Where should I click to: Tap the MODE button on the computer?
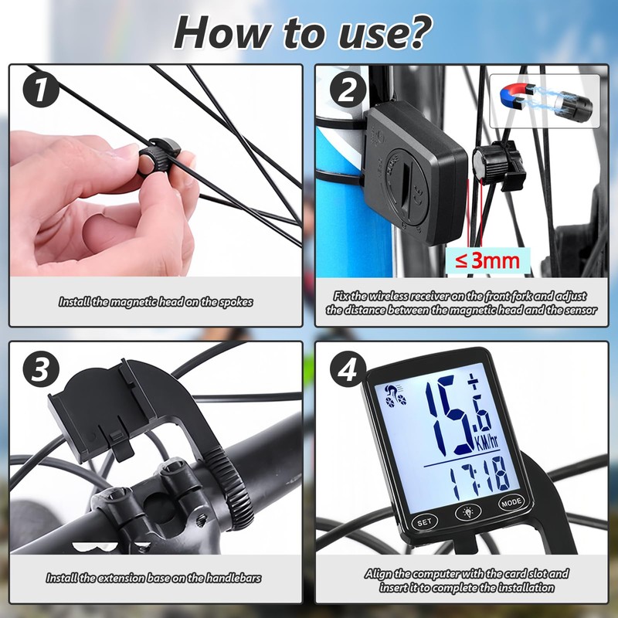tap(511, 502)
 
